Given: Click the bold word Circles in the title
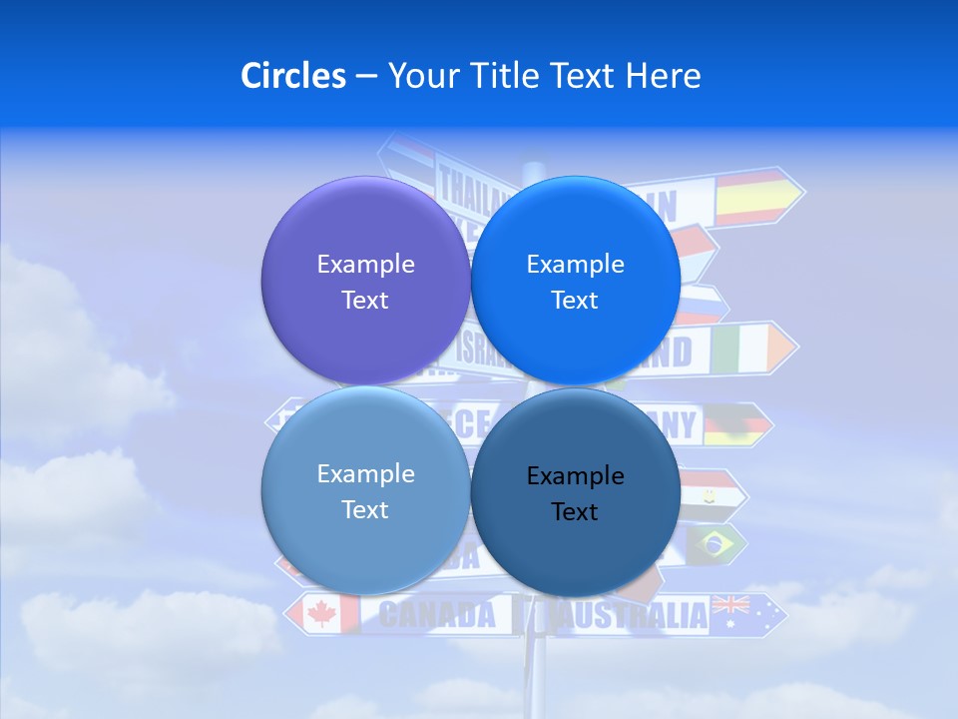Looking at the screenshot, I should click(x=293, y=76).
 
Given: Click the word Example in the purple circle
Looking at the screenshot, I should click(x=365, y=264).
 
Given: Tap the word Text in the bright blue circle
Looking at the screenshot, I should click(x=575, y=300).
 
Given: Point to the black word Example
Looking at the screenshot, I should click(x=575, y=475).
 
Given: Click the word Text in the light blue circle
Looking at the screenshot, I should click(x=365, y=509).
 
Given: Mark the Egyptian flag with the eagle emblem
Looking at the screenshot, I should click(x=711, y=491).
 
